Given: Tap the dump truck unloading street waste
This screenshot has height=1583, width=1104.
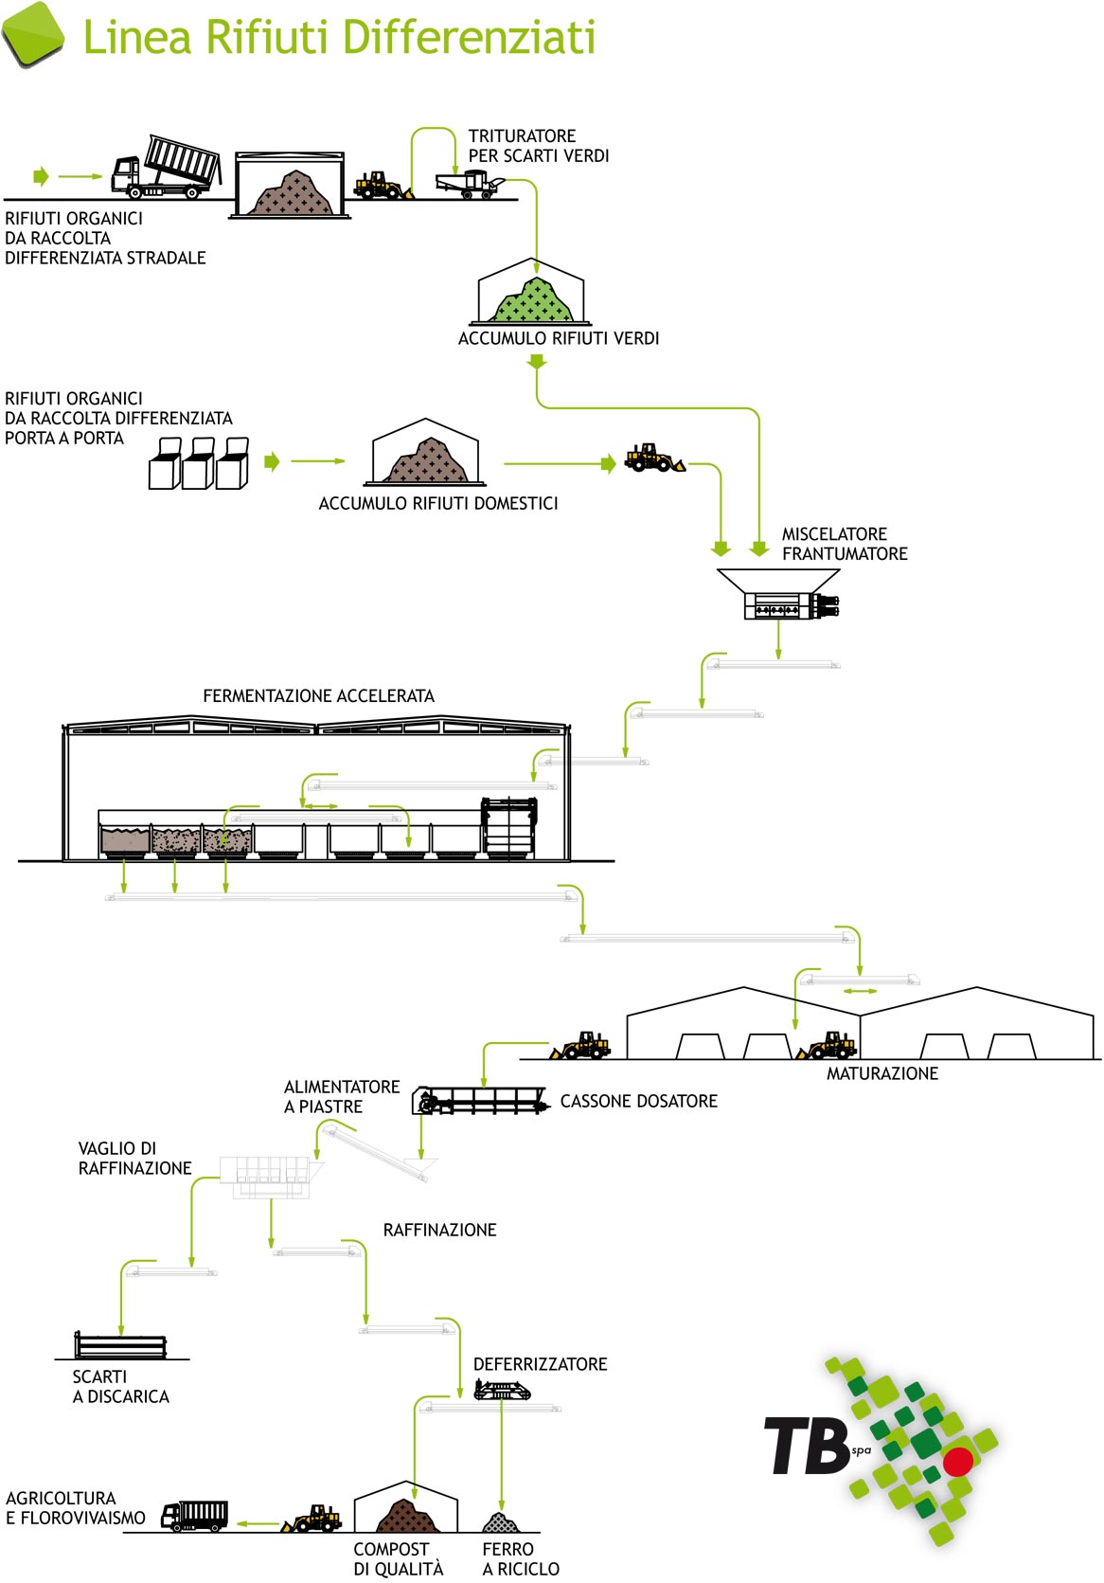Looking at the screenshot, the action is click(x=167, y=167).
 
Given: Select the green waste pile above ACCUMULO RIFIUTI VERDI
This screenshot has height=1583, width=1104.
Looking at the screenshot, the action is click(x=533, y=299).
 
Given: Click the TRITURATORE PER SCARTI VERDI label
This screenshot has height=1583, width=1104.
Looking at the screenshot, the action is click(x=538, y=146).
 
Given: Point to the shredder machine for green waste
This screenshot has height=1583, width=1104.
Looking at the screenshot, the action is click(x=469, y=184).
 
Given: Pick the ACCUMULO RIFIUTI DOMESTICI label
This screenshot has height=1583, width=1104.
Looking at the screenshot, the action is click(x=438, y=503).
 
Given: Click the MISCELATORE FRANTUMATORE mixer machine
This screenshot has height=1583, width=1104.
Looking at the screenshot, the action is click(x=779, y=594).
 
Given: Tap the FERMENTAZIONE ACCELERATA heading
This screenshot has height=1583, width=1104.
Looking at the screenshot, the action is click(x=318, y=696).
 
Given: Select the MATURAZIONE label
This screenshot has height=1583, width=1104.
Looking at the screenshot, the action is click(x=882, y=1073).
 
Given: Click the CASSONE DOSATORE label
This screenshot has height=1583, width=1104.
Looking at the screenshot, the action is click(x=638, y=1101).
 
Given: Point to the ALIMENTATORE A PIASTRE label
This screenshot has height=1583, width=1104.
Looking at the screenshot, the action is click(x=342, y=1097).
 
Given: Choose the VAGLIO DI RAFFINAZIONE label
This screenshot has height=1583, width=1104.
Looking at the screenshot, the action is click(x=134, y=1159).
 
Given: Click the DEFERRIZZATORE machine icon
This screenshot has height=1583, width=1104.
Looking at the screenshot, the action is click(x=502, y=1391).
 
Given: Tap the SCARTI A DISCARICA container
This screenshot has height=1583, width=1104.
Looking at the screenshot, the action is click(x=121, y=1345).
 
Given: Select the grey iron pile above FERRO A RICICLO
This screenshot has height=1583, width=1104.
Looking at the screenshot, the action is click(x=501, y=1522).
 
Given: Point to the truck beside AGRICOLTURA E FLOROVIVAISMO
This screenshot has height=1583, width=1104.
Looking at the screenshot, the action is click(x=194, y=1517).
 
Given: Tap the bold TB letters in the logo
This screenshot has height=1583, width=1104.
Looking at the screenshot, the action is click(x=808, y=1446).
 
